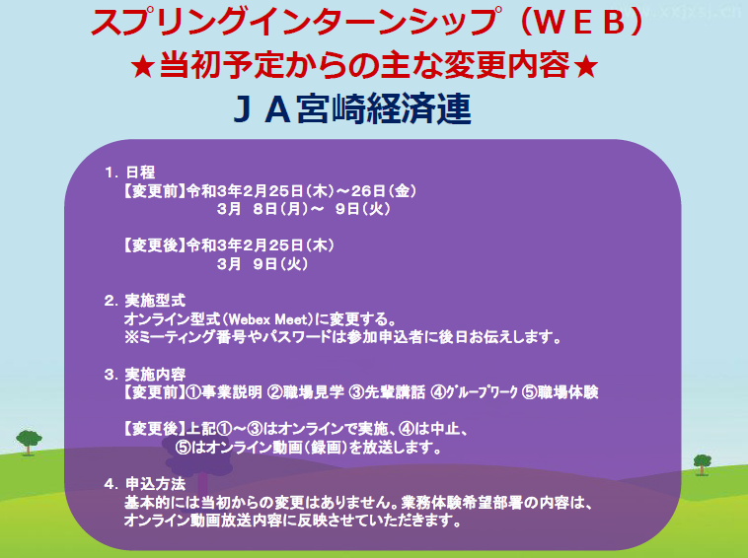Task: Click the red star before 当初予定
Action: (x=143, y=67)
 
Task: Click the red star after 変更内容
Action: (x=586, y=67)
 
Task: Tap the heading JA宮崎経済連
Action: (x=352, y=109)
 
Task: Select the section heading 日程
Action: (x=140, y=172)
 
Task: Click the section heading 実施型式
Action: (x=155, y=301)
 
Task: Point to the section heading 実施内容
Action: (x=155, y=374)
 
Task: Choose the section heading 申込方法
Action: (x=155, y=484)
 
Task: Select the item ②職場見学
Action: (x=306, y=392)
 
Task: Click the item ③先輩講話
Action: (x=387, y=392)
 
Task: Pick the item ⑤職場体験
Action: (x=561, y=392)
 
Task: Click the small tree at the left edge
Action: (x=29, y=442)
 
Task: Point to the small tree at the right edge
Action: (x=703, y=464)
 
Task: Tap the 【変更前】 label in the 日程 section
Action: (x=154, y=191)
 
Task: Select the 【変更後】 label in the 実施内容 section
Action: (x=154, y=429)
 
